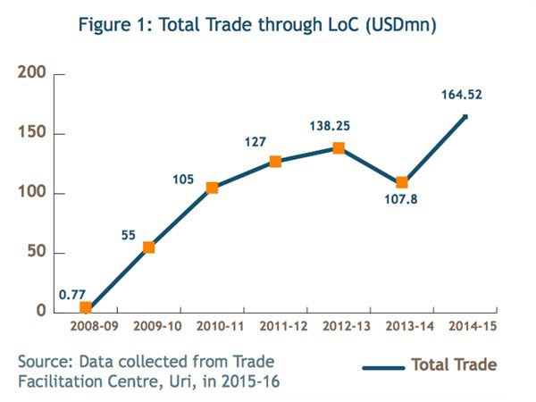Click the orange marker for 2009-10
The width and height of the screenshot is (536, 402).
[x=149, y=247]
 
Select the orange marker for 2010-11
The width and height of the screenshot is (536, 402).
[x=212, y=188]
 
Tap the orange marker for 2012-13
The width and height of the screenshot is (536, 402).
[x=339, y=148]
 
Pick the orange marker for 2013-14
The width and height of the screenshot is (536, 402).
[x=402, y=182]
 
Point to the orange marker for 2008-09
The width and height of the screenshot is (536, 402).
[x=86, y=308]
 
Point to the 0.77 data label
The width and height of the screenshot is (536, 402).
[x=73, y=293]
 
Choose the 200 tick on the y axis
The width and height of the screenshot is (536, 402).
[x=32, y=73]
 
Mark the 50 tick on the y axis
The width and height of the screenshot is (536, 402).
[x=37, y=253]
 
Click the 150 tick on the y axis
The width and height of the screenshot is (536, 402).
[x=32, y=134]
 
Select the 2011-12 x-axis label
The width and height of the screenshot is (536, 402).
[x=275, y=327]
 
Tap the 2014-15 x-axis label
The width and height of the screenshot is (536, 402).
[x=465, y=327]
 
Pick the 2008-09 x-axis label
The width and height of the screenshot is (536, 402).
[x=86, y=327]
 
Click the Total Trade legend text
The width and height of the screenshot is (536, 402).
[x=454, y=364]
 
